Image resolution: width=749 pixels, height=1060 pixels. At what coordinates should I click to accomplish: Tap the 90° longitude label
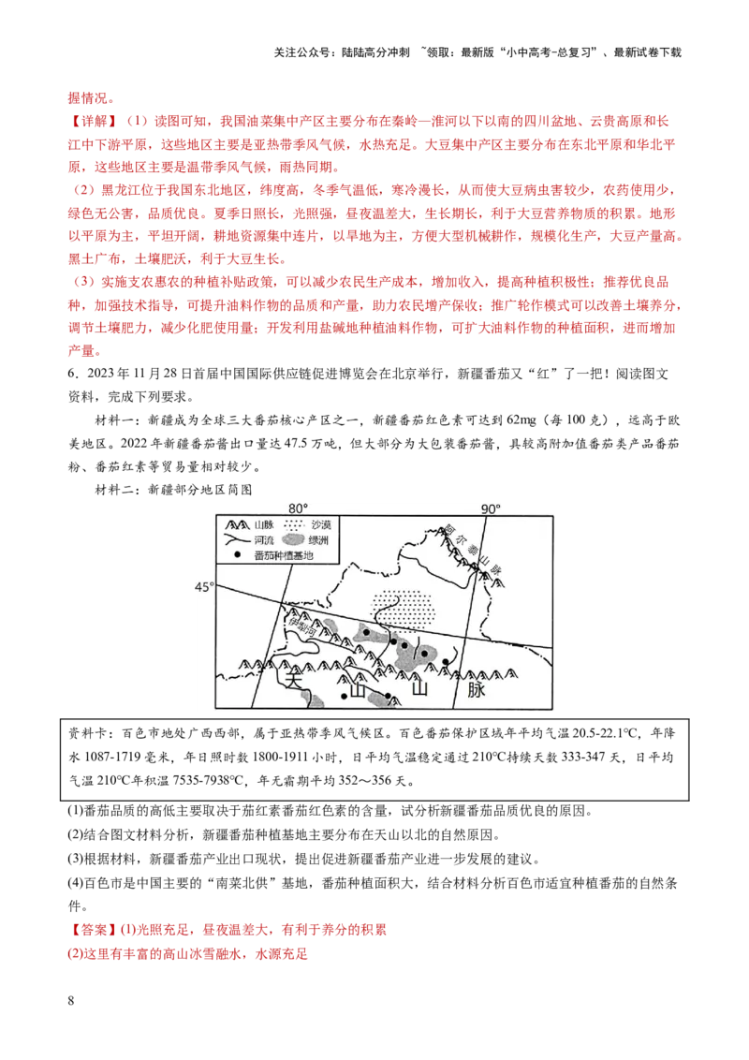pos(491,508)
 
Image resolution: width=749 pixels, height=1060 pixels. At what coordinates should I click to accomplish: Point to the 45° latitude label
pos(204,586)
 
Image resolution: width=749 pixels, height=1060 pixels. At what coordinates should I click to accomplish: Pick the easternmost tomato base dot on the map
pos(446,663)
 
